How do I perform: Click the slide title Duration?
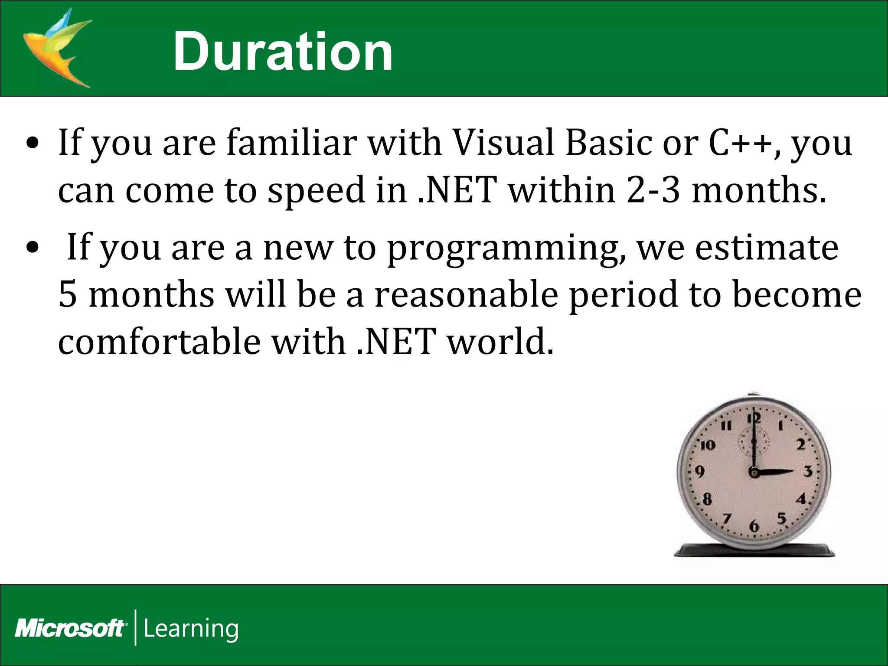pyautogui.click(x=283, y=52)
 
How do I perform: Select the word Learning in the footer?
pyautogui.click(x=191, y=628)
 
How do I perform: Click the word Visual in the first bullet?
pyautogui.click(x=503, y=143)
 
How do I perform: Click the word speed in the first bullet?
pyautogui.click(x=317, y=191)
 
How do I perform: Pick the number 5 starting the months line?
pyautogui.click(x=68, y=295)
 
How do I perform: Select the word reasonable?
pyautogui.click(x=466, y=295)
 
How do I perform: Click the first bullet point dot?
pyautogui.click(x=33, y=144)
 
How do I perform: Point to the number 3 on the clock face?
pyautogui.click(x=807, y=471)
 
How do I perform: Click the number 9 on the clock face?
pyautogui.click(x=699, y=471)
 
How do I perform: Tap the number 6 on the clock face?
pyautogui.click(x=754, y=526)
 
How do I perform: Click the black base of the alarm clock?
pyautogui.click(x=754, y=550)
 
